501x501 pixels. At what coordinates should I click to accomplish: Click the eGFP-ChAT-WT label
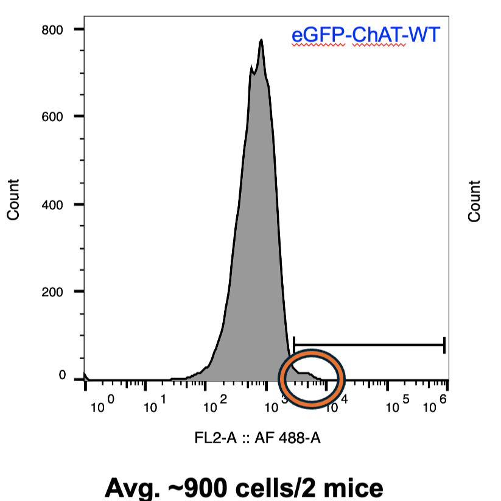click(x=365, y=35)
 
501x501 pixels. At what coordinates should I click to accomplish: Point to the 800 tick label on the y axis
click(x=54, y=29)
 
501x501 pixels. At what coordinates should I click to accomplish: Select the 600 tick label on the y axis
click(x=54, y=116)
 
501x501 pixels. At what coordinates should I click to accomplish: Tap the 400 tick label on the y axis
click(x=54, y=204)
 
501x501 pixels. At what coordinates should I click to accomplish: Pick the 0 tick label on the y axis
click(x=62, y=376)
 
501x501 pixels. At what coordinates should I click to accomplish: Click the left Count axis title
click(x=13, y=200)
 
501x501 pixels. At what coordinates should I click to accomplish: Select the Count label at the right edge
click(x=474, y=200)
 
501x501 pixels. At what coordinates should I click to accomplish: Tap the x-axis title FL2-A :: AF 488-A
click(x=258, y=437)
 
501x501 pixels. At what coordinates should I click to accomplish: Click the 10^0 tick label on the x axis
click(x=102, y=404)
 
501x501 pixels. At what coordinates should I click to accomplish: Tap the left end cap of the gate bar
click(x=293, y=345)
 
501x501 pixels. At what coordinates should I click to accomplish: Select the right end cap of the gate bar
click(x=444, y=345)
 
